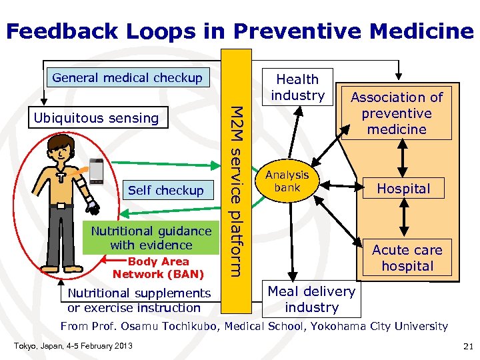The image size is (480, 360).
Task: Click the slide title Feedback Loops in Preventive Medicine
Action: click(x=240, y=31)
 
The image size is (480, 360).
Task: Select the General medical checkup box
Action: click(x=127, y=77)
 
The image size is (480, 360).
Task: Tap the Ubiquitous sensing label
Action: click(x=97, y=119)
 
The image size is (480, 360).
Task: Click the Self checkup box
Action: click(x=166, y=191)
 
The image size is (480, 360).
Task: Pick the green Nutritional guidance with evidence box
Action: click(x=151, y=238)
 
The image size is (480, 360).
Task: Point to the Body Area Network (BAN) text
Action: click(x=158, y=268)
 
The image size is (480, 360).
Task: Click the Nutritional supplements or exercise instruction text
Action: click(x=139, y=300)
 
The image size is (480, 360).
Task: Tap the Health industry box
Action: click(x=297, y=87)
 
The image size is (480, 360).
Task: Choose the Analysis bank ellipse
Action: click(x=287, y=181)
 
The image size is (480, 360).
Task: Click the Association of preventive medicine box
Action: click(x=397, y=113)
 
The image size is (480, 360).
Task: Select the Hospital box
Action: click(x=403, y=189)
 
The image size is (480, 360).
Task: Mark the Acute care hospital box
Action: click(x=407, y=258)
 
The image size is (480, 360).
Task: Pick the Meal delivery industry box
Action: click(x=311, y=299)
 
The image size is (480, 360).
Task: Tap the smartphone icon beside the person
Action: click(x=97, y=171)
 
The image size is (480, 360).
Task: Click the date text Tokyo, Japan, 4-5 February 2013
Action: click(x=73, y=345)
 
